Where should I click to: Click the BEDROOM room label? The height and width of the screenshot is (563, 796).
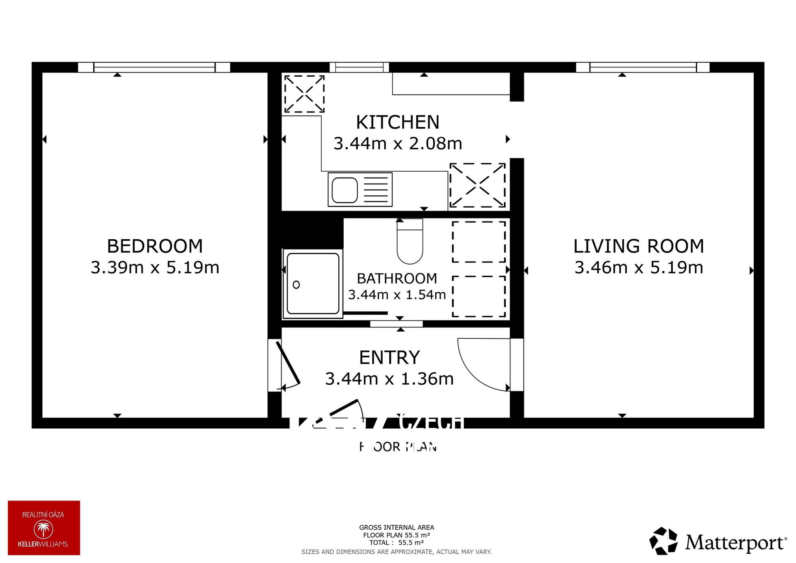(x=155, y=246)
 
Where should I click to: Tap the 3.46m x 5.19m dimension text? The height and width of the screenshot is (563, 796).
(x=638, y=268)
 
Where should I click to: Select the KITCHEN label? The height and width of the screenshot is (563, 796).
(x=398, y=122)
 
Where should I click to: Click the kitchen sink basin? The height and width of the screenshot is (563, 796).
(x=345, y=190)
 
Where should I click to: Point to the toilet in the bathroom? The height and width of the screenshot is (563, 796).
(x=410, y=245)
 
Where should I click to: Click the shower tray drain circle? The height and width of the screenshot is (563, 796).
(x=296, y=285)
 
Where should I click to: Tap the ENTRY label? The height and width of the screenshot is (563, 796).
(x=389, y=357)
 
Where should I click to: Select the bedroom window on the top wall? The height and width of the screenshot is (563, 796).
(x=154, y=67)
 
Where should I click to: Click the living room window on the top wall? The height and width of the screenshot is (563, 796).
(x=643, y=67)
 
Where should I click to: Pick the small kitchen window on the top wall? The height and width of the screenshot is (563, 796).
(x=359, y=67)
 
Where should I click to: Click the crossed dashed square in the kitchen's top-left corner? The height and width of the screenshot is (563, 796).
(x=304, y=94)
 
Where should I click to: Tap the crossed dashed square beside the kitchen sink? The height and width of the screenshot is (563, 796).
(x=477, y=185)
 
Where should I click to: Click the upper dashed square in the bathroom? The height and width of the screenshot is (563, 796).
(x=478, y=242)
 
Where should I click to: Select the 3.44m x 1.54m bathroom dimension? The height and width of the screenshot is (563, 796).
(x=397, y=295)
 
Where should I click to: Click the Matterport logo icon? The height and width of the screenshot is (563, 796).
(x=663, y=541)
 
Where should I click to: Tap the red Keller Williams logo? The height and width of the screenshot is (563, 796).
(x=44, y=527)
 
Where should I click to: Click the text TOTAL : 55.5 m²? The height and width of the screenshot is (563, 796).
(x=396, y=543)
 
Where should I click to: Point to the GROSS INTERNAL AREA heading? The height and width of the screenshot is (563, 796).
(x=396, y=527)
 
